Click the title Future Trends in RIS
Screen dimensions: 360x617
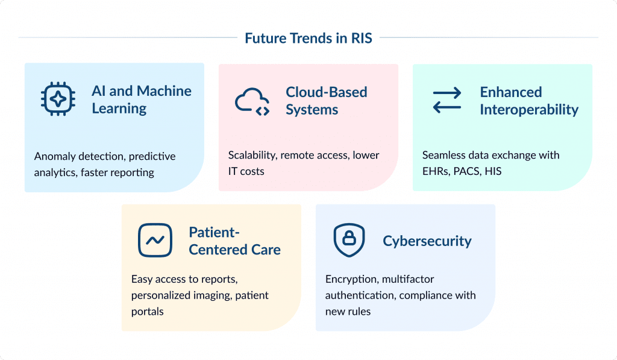coord(308,39)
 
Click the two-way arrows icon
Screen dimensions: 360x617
coord(446,101)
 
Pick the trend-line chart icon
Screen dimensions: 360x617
coord(155,241)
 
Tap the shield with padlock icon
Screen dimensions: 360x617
coord(349,241)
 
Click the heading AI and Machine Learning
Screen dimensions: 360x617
coord(142,99)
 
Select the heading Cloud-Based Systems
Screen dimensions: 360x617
coord(326,101)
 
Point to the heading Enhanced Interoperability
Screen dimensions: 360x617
coord(528,101)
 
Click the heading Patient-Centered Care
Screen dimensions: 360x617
coord(234,241)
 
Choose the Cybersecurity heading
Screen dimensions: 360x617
coord(427,241)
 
